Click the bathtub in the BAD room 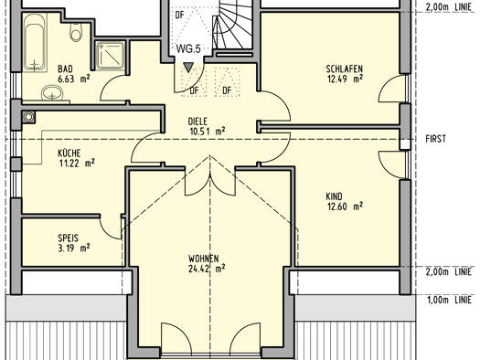point(35,42)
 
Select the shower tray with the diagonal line point(111,56)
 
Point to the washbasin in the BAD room point(52,92)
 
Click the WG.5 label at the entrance point(188,48)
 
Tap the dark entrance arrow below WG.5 point(188,68)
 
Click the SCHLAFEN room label point(344,69)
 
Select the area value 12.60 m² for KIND point(345,206)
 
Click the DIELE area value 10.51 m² point(208,132)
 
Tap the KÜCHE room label point(69,153)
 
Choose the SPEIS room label point(68,238)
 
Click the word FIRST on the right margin point(435,139)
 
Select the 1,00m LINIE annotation point(450,300)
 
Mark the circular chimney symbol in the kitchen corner point(28,117)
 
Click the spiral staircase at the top point(232,25)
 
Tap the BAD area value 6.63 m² point(74,79)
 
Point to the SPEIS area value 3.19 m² point(74,248)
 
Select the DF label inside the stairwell point(180,15)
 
